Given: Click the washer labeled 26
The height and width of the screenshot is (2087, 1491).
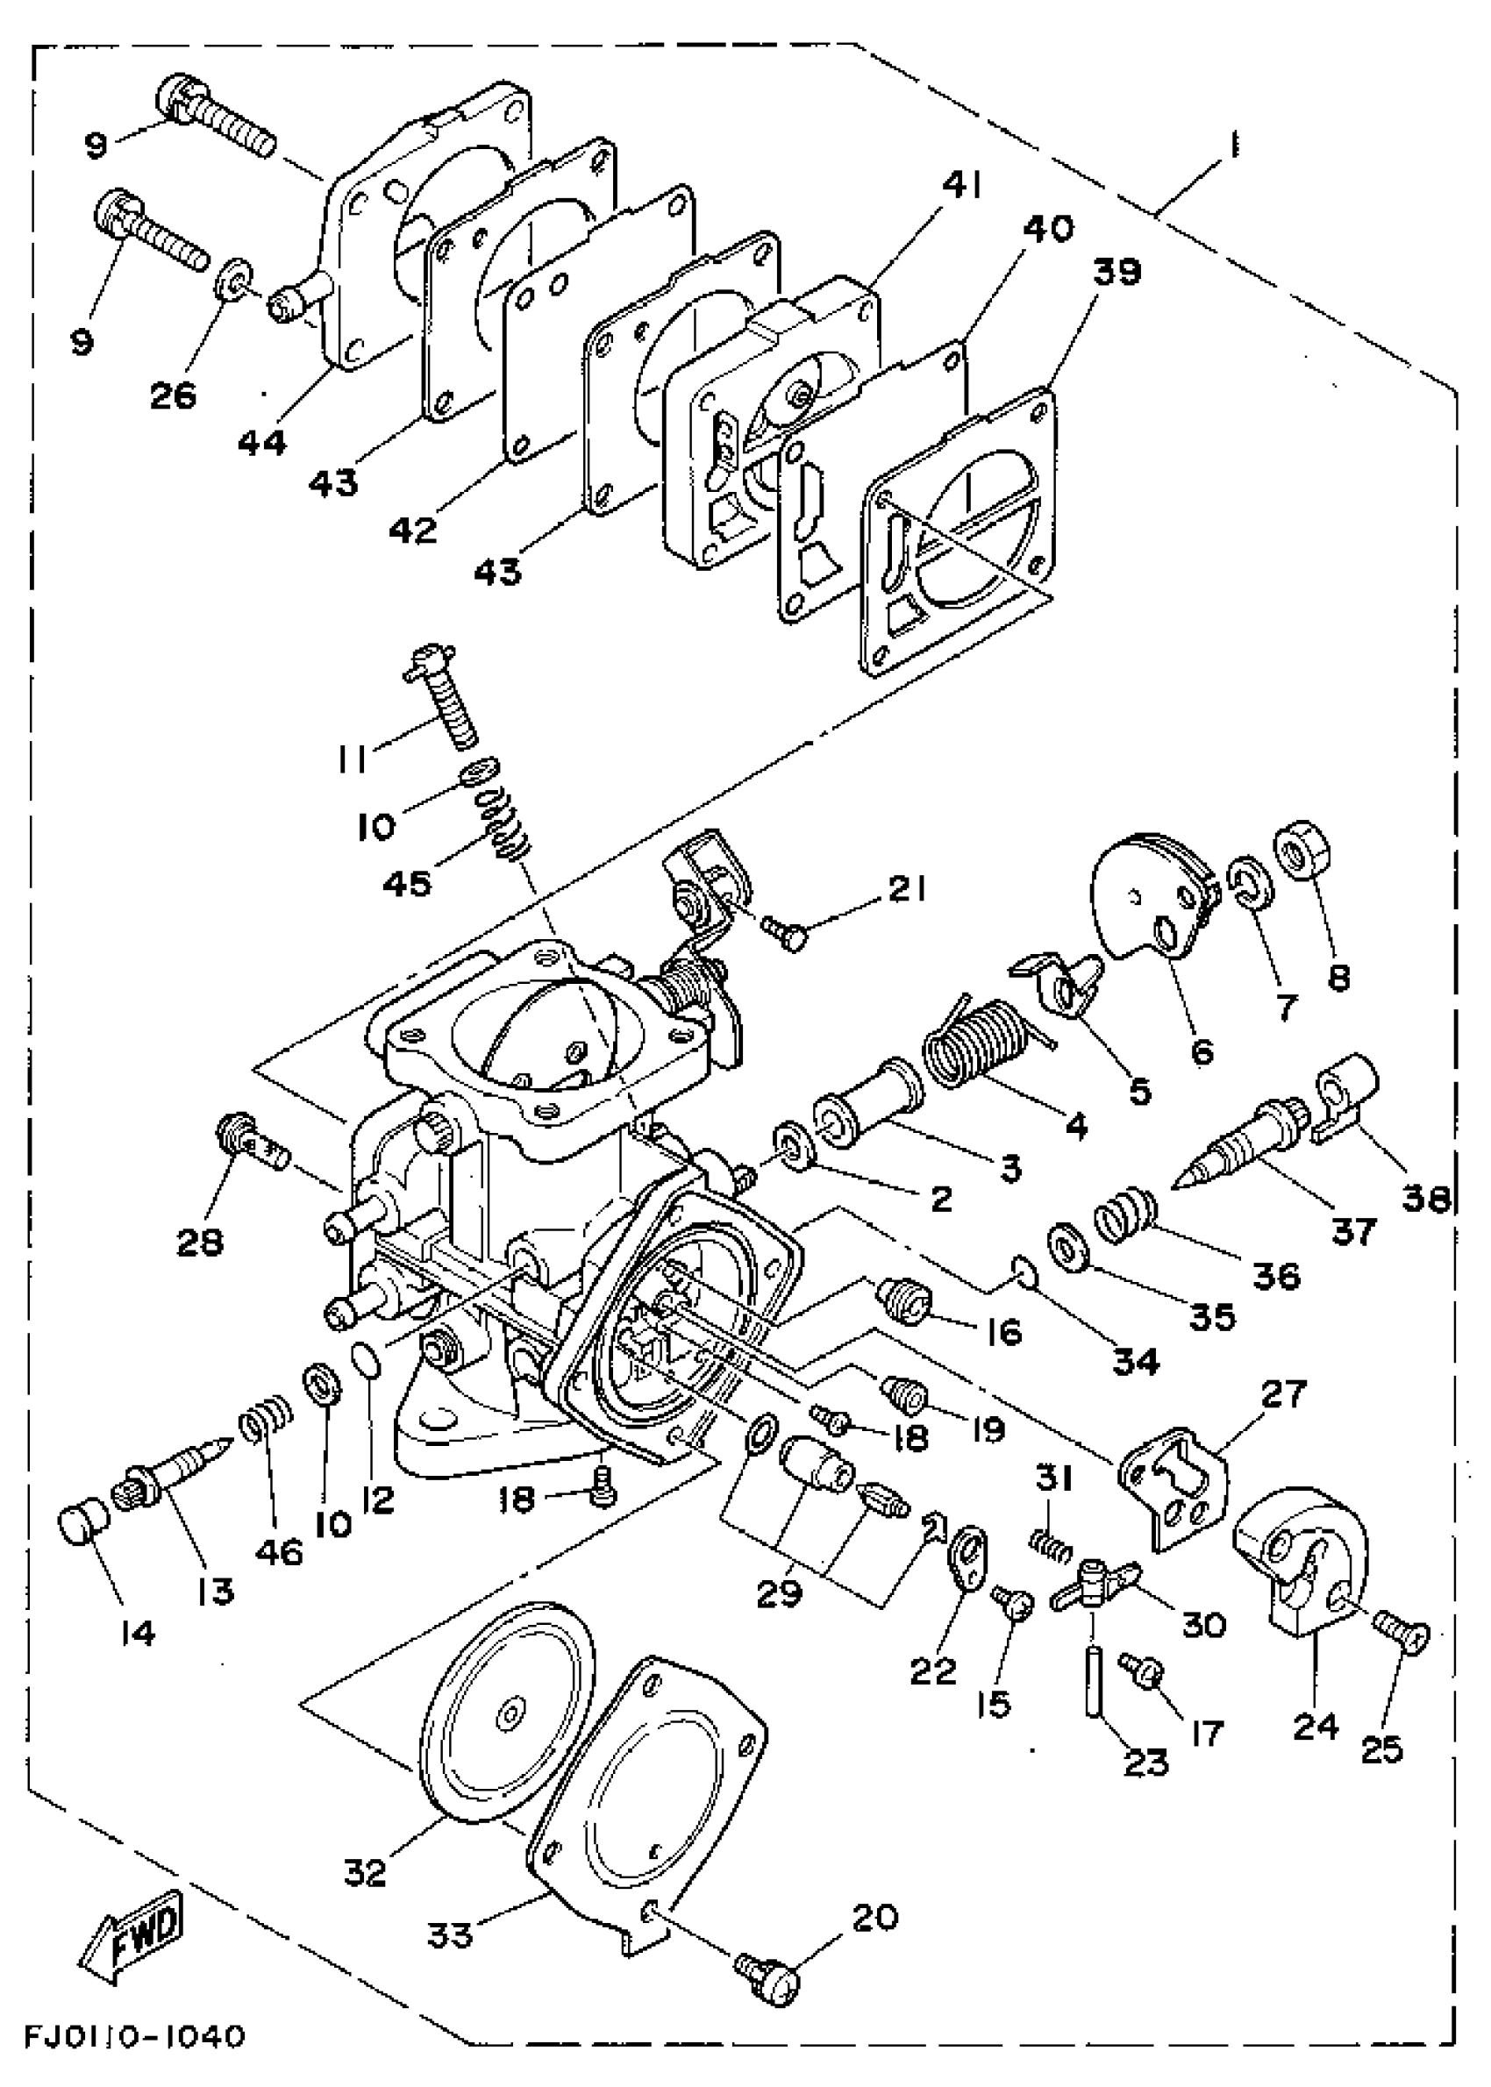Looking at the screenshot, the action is (x=235, y=279).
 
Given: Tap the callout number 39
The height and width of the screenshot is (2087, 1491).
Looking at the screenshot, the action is (x=1117, y=273).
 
